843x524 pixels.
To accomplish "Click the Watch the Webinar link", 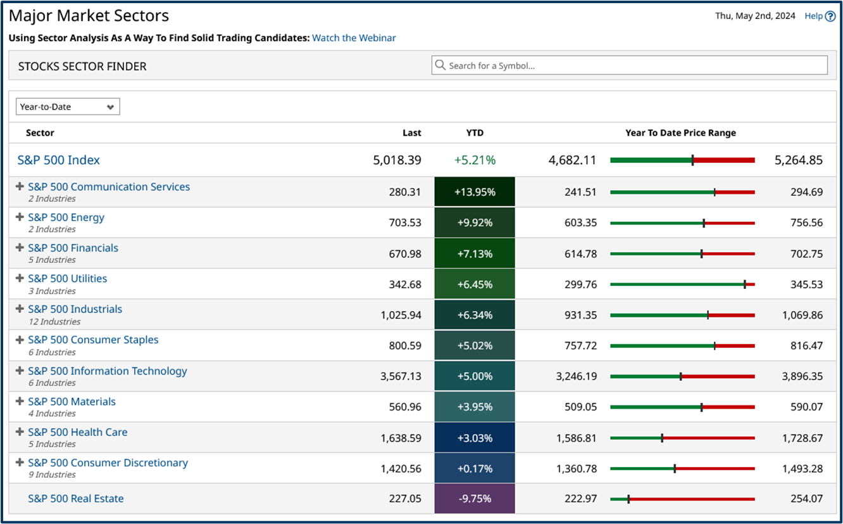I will point(354,38).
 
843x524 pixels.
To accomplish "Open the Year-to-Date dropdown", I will point(68,107).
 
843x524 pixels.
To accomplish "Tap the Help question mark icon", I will point(830,16).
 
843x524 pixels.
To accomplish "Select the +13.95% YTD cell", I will point(475,192).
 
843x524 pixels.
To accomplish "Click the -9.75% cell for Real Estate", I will point(475,499).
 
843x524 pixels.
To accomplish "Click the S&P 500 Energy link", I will point(66,217).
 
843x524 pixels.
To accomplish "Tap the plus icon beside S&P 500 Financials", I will point(20,248).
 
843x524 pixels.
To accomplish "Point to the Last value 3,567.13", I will point(401,376).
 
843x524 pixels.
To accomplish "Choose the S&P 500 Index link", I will point(59,160).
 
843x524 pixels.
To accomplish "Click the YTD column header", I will point(475,133).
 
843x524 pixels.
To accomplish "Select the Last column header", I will point(411,133).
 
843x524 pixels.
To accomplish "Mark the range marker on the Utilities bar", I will point(744,284).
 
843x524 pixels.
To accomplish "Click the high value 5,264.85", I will point(799,160).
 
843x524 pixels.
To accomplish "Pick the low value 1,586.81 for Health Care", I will point(577,438).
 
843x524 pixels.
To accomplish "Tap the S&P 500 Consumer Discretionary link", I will point(108,463).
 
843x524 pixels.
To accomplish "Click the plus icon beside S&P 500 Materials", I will point(20,401).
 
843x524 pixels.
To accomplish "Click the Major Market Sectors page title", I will point(89,16).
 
